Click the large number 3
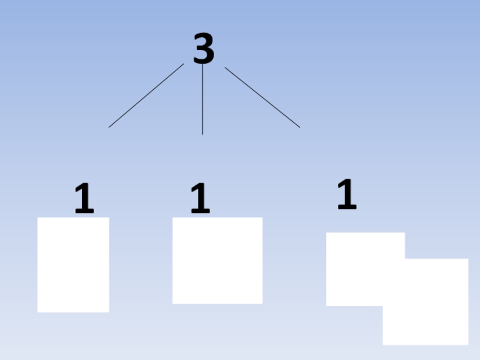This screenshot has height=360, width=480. (x=204, y=49)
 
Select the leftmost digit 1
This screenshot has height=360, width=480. (x=85, y=199)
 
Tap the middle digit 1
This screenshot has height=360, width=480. (x=200, y=199)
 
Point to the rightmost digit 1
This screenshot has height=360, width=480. (x=347, y=194)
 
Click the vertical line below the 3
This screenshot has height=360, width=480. (x=202, y=99)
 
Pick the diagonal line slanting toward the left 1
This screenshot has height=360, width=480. (x=146, y=96)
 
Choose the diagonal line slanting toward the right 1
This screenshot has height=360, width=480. (x=262, y=97)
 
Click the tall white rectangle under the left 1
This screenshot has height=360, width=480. (x=73, y=265)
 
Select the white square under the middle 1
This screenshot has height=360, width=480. (x=217, y=260)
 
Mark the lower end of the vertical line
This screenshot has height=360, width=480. (x=202, y=134)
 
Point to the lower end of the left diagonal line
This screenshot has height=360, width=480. (x=109, y=127)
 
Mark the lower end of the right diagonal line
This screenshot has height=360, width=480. (x=299, y=127)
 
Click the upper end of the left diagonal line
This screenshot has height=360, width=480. (x=183, y=64)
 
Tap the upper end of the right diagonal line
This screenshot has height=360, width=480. (x=226, y=68)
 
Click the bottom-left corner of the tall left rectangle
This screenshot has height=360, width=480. (x=38, y=311)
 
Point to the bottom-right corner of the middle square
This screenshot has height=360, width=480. (x=262, y=303)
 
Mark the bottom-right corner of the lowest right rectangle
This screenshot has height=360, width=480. (x=467, y=344)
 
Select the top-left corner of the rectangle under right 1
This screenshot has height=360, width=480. (x=326, y=233)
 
